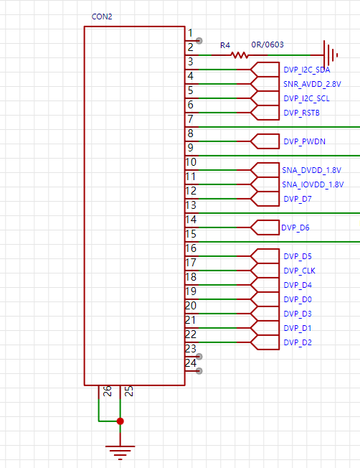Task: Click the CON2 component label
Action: point(102,17)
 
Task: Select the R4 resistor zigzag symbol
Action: point(240,55)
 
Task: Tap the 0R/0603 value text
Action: point(267,45)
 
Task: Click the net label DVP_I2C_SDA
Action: point(307,70)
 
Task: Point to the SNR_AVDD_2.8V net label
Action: point(312,84)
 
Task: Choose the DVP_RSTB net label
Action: point(301,113)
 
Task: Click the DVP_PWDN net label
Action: point(304,141)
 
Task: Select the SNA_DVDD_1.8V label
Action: point(311,170)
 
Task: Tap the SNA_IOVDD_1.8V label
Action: point(313,184)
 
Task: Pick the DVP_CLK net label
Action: point(299,271)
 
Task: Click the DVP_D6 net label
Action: point(295,228)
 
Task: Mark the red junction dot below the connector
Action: point(120,421)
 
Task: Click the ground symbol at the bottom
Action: point(120,452)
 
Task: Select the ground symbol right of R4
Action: point(331,55)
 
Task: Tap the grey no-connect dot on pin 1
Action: point(199,41)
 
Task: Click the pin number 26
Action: point(107,390)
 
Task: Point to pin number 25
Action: point(128,390)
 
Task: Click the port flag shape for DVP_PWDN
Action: point(265,141)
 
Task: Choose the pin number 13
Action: point(191,205)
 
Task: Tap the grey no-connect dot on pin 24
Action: point(199,370)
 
